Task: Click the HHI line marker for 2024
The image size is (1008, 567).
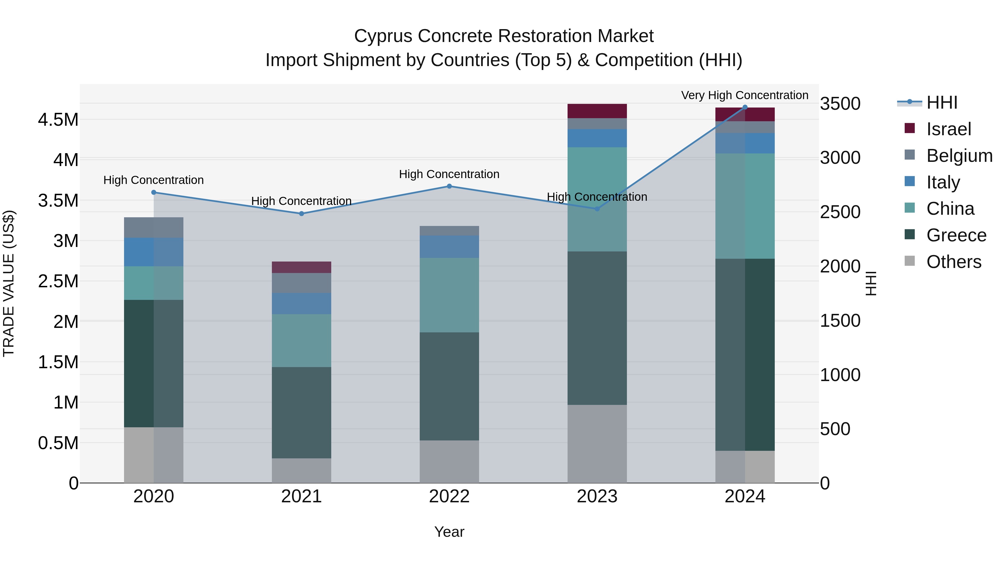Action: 745,107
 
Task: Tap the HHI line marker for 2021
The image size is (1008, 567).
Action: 301,214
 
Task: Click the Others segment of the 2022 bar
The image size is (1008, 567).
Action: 449,461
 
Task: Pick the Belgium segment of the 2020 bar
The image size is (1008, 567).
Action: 153,227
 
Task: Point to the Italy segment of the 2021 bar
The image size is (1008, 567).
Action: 301,303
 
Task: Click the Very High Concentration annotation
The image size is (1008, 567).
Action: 744,95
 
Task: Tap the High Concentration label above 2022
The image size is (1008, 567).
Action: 449,174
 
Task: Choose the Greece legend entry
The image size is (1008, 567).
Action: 956,235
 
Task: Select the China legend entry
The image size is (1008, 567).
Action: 950,209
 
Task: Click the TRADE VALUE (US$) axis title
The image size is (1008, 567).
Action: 9,283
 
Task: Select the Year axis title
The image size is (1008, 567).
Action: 449,532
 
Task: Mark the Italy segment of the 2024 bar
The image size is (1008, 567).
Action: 745,143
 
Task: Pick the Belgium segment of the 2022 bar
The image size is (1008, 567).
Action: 449,230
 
